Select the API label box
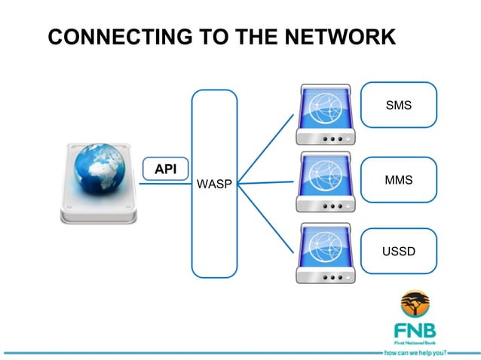pyautogui.click(x=165, y=169)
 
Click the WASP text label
pyautogui.click(x=214, y=184)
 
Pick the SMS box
pyautogui.click(x=398, y=105)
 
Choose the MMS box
pyautogui.click(x=398, y=180)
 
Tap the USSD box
pyautogui.click(x=398, y=251)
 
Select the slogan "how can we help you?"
pyautogui.click(x=415, y=352)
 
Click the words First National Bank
pyautogui.click(x=414, y=341)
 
